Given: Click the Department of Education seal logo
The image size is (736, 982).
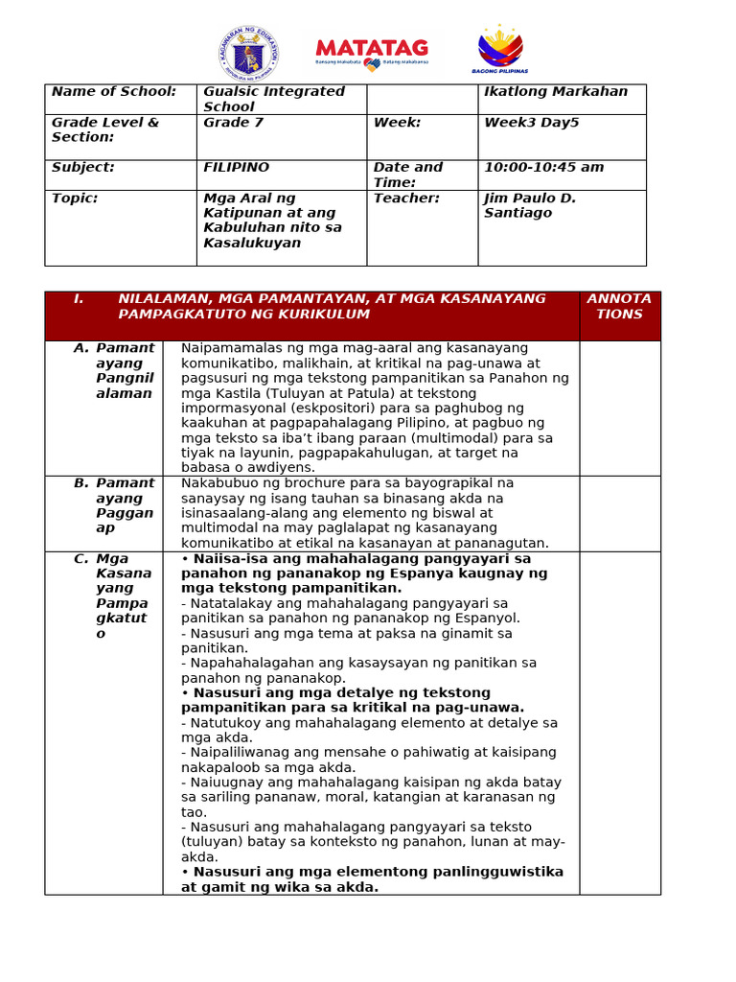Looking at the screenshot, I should [x=248, y=53].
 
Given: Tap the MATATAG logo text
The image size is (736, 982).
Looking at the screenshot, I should [x=372, y=48].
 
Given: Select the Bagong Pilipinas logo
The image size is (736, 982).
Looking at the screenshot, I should [x=500, y=51].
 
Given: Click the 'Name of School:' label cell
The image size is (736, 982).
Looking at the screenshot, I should [x=114, y=92].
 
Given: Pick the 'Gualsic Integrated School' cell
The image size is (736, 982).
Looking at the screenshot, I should [x=274, y=99].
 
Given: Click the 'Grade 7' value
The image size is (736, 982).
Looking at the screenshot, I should [x=233, y=123].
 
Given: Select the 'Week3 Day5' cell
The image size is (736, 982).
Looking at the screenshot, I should [x=531, y=123].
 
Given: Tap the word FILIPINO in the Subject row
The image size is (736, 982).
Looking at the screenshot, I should [x=236, y=168].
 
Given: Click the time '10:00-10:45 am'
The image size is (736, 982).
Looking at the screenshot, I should [x=543, y=168].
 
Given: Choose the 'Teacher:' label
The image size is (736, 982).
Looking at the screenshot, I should [x=406, y=199].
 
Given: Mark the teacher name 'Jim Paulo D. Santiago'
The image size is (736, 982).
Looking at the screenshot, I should [x=530, y=205].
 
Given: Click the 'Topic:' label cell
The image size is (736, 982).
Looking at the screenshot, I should [x=75, y=199].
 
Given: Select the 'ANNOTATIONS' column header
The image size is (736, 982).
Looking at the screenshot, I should [x=619, y=307].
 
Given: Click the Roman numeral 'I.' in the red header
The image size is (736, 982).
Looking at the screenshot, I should [x=79, y=299].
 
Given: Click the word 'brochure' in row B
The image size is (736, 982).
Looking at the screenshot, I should [x=289, y=483].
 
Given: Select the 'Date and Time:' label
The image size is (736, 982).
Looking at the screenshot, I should [x=408, y=175].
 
